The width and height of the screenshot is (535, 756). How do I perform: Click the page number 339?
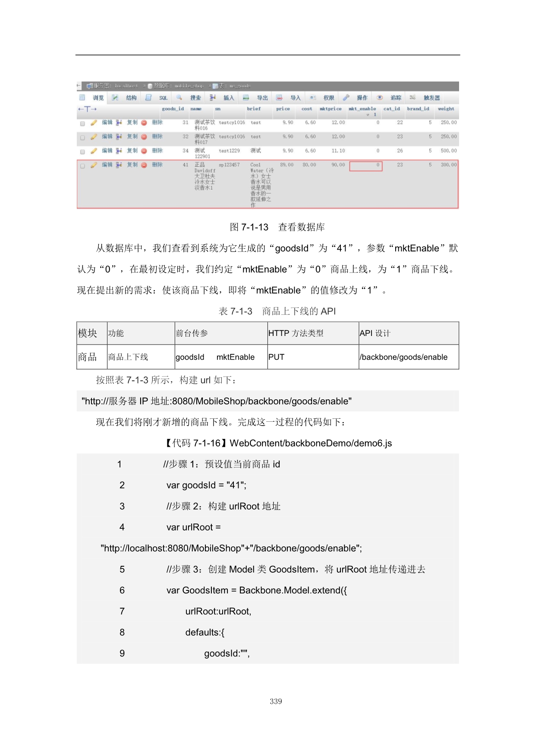[276, 702]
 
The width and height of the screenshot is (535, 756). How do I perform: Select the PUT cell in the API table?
[276, 357]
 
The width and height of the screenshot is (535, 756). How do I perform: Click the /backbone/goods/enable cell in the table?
[403, 357]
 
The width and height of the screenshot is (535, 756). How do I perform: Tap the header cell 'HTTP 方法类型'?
[296, 333]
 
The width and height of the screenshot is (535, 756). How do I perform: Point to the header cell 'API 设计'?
[375, 333]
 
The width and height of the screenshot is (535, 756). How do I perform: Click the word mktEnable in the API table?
[235, 357]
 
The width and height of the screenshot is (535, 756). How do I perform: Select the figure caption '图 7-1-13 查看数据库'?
[277, 227]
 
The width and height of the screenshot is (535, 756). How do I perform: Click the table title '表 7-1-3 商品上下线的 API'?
[277, 311]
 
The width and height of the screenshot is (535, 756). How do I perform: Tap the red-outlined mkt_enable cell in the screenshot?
[366, 166]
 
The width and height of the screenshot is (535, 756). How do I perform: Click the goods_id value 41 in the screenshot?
[186, 165]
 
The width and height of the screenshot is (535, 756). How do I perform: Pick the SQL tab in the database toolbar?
[163, 98]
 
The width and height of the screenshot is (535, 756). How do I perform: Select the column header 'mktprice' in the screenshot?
[330, 109]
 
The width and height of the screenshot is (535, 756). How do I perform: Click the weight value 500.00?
[448, 151]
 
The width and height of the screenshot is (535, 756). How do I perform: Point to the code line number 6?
[122, 590]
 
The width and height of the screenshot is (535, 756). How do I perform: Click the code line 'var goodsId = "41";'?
[206, 485]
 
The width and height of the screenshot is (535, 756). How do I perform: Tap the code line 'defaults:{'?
[205, 633]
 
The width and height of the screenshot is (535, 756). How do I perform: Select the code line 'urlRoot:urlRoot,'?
[218, 612]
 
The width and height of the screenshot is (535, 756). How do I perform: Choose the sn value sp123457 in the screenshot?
[229, 165]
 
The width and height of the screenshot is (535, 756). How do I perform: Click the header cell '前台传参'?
[192, 333]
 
